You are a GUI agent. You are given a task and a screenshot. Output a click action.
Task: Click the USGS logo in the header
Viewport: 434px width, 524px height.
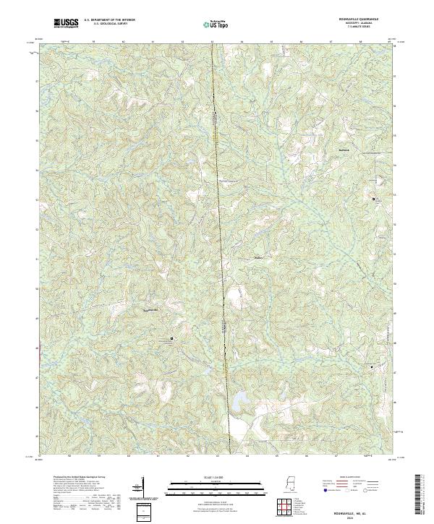click(x=67, y=24)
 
